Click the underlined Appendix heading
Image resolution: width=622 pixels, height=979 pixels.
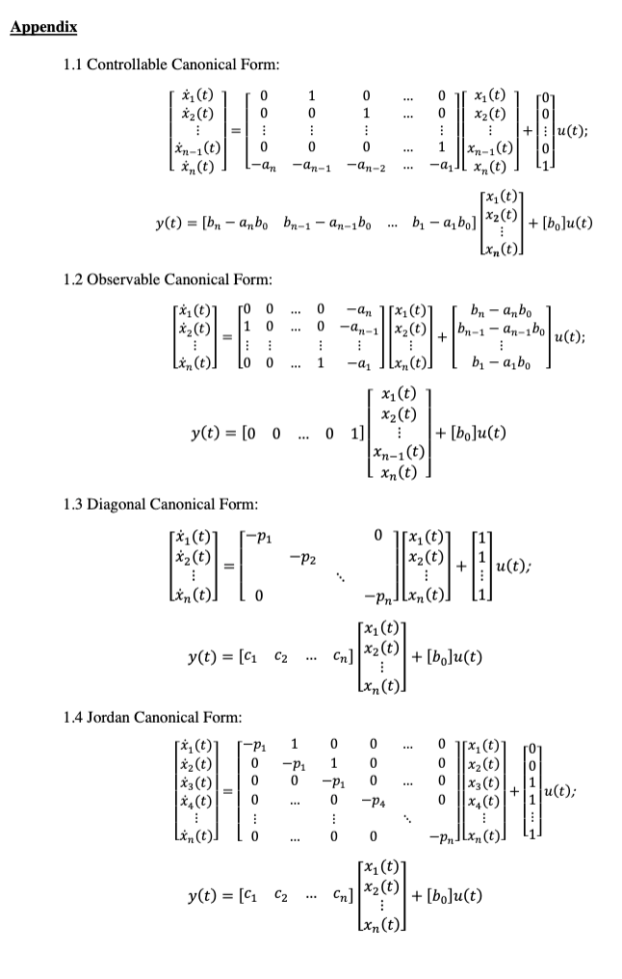tap(43, 25)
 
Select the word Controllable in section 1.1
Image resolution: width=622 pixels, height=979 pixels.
tap(127, 65)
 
